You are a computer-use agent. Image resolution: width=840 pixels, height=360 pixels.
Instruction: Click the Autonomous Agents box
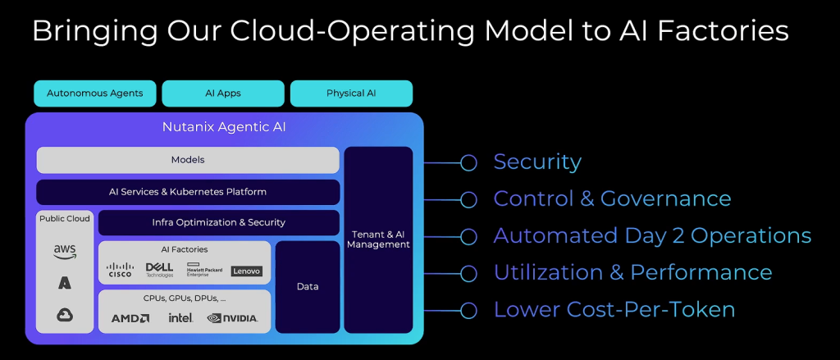pos(94,93)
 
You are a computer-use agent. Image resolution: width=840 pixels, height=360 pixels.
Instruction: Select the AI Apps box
pos(223,93)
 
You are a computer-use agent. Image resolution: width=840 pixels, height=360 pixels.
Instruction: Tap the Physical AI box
pos(351,93)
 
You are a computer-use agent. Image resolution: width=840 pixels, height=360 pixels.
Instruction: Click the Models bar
pos(188,160)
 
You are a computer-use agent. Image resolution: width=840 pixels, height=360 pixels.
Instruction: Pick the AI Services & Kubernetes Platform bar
pos(188,192)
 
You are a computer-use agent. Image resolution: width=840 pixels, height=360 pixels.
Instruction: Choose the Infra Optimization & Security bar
pos(219,222)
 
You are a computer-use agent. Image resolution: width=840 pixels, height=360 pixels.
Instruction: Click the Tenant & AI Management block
pos(378,239)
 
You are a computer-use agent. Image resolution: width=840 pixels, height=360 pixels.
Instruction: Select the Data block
pos(308,286)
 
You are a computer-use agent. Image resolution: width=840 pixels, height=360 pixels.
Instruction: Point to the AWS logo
pos(65,252)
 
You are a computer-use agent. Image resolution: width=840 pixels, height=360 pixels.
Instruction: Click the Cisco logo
pos(121,270)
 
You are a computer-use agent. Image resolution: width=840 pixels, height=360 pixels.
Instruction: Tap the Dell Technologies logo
pos(159,270)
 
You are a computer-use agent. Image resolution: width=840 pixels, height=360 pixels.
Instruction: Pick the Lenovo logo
pos(247,271)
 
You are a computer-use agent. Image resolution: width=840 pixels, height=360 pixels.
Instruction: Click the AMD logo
pos(130,317)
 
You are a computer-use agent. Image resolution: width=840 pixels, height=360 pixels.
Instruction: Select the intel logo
pos(180,317)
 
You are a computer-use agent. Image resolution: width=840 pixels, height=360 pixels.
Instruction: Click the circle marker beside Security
pos(468,162)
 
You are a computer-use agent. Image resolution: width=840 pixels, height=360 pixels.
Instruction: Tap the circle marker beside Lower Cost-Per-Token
pos(468,310)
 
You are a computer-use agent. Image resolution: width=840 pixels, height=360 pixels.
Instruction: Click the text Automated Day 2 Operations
pos(652,236)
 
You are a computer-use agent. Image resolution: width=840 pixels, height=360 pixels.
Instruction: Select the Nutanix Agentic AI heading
pos(224,128)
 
